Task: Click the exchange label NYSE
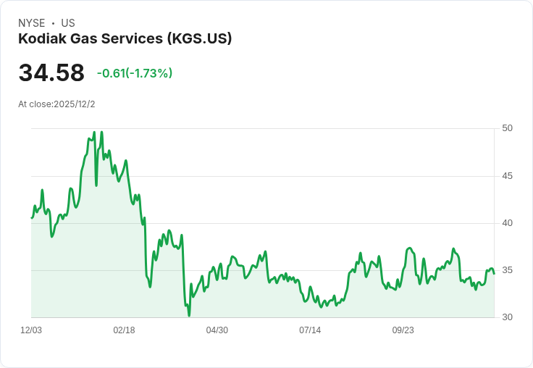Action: click(x=31, y=23)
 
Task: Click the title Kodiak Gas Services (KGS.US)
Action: click(x=125, y=38)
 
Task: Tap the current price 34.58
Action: click(x=51, y=73)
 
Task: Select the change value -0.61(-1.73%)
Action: click(x=135, y=73)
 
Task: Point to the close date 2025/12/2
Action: click(x=75, y=104)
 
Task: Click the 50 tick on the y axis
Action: click(x=507, y=128)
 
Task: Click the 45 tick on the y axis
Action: click(x=507, y=176)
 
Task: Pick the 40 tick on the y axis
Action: click(x=507, y=223)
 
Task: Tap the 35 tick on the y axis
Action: click(x=507, y=270)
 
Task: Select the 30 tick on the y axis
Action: click(x=507, y=317)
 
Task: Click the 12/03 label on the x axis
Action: click(x=31, y=330)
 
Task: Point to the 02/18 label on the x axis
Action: click(x=124, y=330)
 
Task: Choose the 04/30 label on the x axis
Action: click(x=217, y=330)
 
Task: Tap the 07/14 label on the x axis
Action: click(x=310, y=330)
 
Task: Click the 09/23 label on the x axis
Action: click(x=403, y=330)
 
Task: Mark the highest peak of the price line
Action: click(x=101, y=132)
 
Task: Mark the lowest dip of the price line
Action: click(x=189, y=315)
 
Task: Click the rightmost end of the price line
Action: click(x=494, y=273)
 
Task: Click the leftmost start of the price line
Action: click(x=31, y=218)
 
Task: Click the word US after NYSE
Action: click(x=68, y=23)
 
